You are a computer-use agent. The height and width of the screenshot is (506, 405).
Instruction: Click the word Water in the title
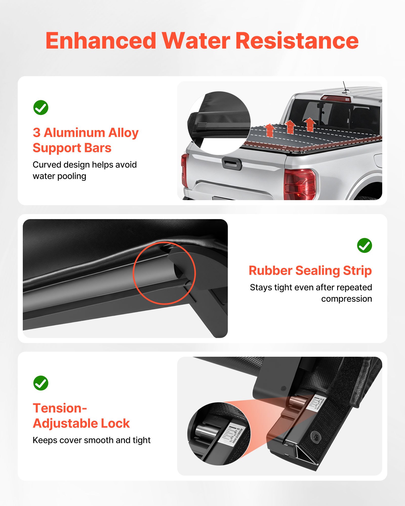[x=196, y=41]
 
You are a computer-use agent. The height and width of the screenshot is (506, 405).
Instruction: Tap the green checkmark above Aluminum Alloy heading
[x=41, y=108]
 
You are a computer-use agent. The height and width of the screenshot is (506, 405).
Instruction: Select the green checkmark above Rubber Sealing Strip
[x=364, y=245]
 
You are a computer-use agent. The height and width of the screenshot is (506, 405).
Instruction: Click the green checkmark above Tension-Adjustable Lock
[x=41, y=383]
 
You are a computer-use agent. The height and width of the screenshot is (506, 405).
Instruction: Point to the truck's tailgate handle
[x=232, y=164]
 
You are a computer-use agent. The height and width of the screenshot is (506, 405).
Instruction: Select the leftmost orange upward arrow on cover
[x=270, y=130]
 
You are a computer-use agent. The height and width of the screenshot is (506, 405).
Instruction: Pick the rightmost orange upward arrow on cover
[x=310, y=124]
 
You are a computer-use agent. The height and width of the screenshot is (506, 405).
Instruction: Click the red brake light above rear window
[x=335, y=98]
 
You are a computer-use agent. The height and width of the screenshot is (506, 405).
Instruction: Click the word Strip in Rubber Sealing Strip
[x=357, y=270]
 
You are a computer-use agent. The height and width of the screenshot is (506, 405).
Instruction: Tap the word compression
[x=346, y=299]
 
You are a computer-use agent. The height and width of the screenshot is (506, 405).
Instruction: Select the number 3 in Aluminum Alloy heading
[x=36, y=133]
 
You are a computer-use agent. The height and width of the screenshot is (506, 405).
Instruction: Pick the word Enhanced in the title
[x=101, y=41]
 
